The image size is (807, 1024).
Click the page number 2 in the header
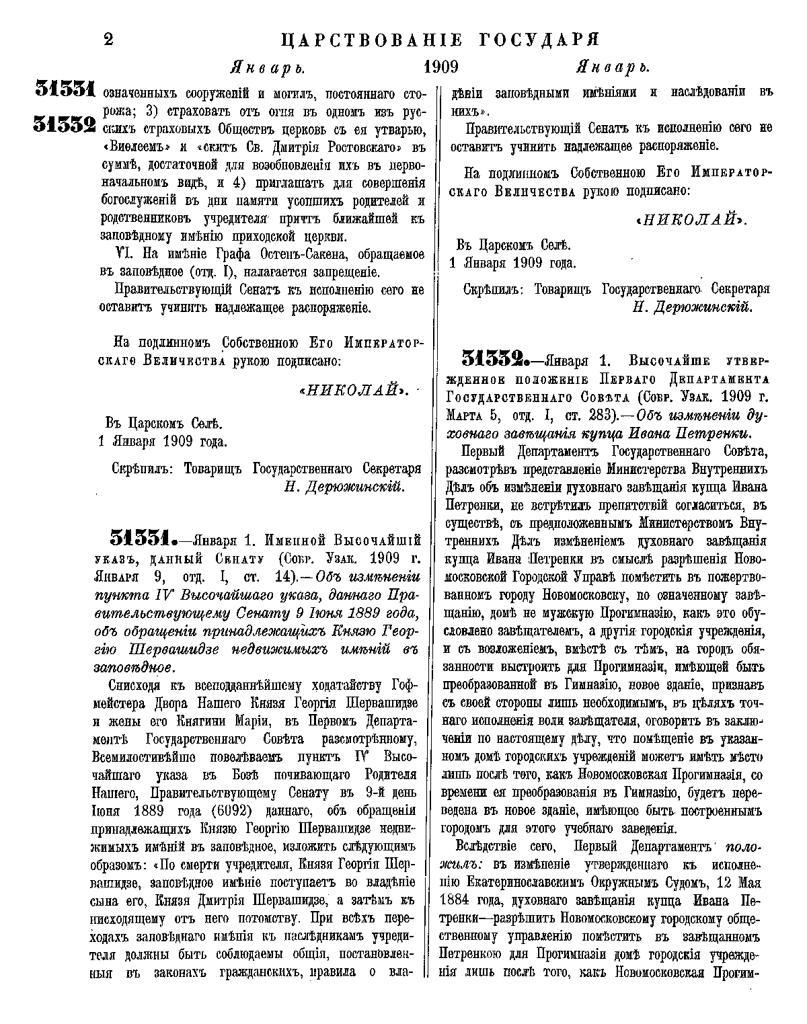pyautogui.click(x=108, y=40)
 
